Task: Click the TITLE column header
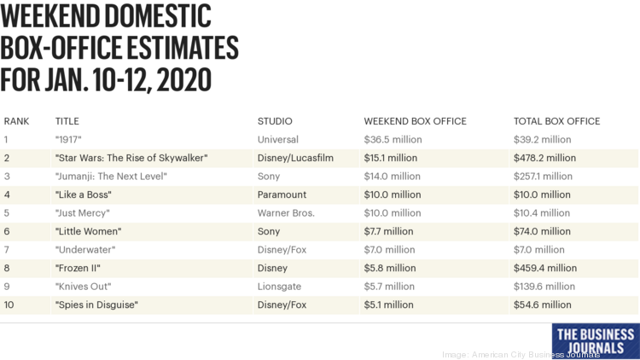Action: point(67,121)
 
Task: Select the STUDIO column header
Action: point(275,121)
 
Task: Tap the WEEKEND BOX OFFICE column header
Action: point(415,121)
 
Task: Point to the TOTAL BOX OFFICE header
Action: point(556,121)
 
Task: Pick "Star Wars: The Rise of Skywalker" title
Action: point(131,158)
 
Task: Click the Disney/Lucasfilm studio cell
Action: point(295,158)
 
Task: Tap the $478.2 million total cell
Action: point(544,158)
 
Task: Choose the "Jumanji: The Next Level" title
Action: point(110,177)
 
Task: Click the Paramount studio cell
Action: point(281,195)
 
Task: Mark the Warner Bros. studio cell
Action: point(286,213)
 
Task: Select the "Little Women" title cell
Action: point(88,231)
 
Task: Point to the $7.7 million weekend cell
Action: point(389,231)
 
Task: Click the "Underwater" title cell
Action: point(84,250)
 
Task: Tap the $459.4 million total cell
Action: point(544,268)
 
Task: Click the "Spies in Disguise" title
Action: point(96,305)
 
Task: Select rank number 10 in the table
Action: point(9,305)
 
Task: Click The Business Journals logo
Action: point(595,340)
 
